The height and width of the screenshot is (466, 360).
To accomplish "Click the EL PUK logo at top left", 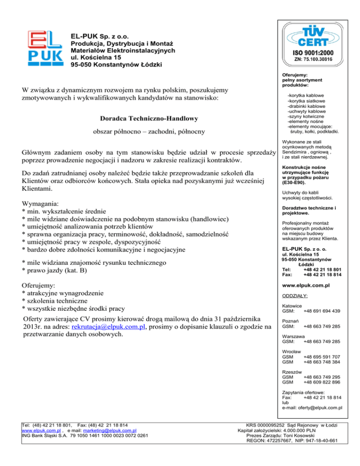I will pyautogui.click(x=45, y=49).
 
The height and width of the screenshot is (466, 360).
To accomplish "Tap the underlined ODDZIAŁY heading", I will pyautogui.click(x=295, y=296).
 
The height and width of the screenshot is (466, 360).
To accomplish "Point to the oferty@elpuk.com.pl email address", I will pyautogui.click(x=322, y=407).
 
